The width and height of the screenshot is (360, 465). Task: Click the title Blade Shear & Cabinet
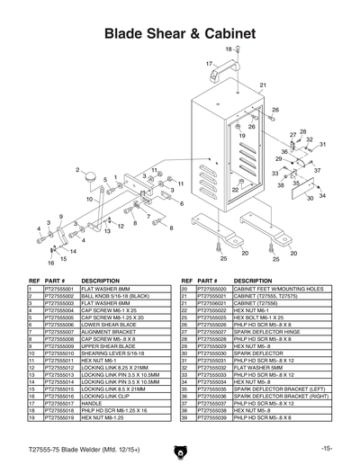180,32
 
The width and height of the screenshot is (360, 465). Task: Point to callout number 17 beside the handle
208,64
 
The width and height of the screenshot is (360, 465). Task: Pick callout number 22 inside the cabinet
235,190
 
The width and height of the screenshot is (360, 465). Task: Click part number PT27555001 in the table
58,289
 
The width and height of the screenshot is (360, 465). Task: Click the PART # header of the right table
209,280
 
